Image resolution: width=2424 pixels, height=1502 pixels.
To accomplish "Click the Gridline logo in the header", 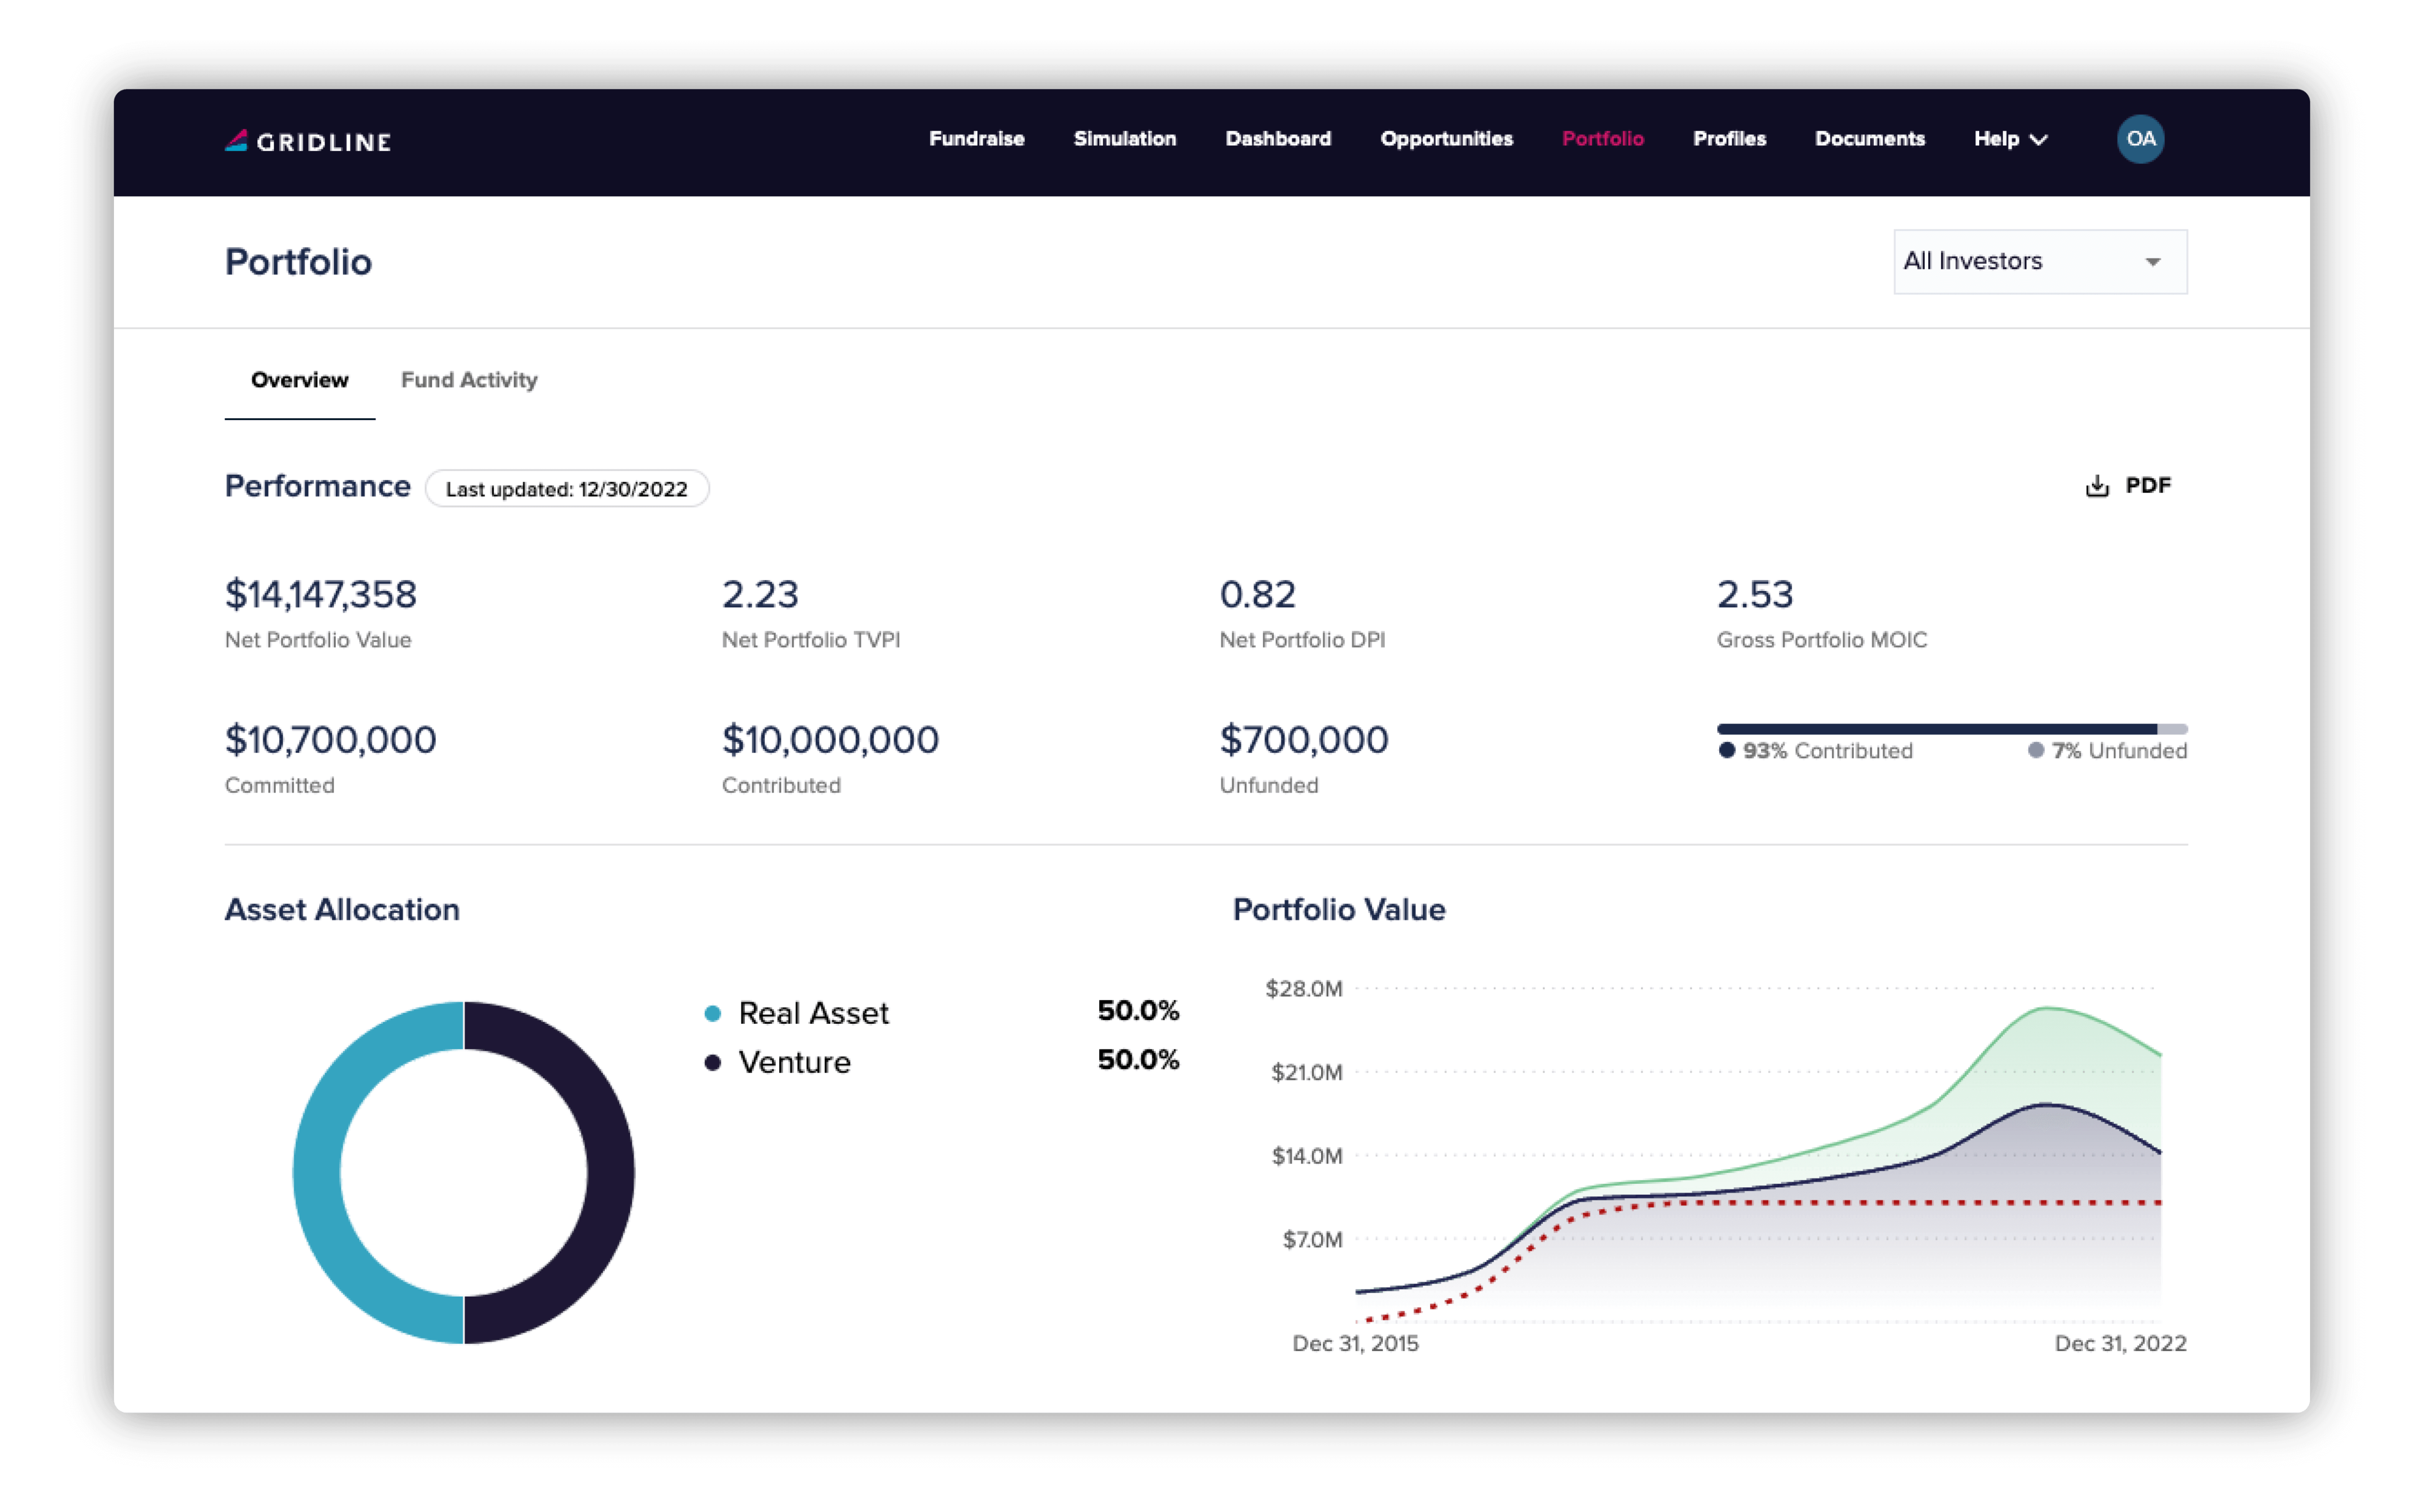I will click(x=308, y=141).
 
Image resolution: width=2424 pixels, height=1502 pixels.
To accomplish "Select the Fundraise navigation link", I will click(x=976, y=139).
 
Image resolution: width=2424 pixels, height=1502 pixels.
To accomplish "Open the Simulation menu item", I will click(x=1124, y=139).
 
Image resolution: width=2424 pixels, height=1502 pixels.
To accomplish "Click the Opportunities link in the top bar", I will click(x=1446, y=139).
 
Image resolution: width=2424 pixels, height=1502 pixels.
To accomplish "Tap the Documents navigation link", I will click(x=1869, y=139).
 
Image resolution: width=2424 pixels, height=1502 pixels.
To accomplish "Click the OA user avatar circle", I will click(x=2140, y=139).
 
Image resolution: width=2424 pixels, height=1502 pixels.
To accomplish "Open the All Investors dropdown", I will click(x=2040, y=261).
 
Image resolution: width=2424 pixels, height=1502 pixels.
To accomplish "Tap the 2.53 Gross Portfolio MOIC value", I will click(x=1755, y=594).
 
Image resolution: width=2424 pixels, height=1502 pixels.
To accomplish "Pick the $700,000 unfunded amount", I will click(x=1303, y=740).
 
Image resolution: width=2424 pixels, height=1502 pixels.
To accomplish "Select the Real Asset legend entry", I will click(x=812, y=1013).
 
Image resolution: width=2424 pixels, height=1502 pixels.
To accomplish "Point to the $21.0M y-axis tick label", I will click(x=1306, y=1073).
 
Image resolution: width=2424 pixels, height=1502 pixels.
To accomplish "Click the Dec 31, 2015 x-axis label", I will click(x=1354, y=1343).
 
